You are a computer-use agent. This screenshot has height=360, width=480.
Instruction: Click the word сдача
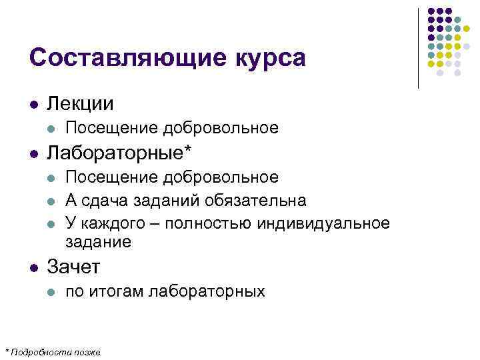point(111,200)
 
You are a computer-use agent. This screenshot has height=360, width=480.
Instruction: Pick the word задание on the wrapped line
point(99,243)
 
